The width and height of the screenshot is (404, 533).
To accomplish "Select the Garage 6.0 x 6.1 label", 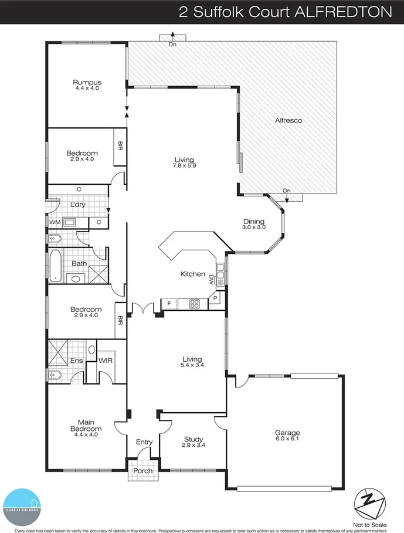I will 287,436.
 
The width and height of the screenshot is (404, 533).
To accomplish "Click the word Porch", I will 143,471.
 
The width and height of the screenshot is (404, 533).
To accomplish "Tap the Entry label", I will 144,442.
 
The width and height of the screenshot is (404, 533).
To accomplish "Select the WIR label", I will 106,361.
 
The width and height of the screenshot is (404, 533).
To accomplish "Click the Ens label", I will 76,361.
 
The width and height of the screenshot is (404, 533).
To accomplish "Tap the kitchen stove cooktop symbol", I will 193,303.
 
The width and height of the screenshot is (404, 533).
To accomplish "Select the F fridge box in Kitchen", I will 169,303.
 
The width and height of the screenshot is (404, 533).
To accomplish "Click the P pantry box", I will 215,298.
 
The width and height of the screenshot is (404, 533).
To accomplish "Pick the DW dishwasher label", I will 211,281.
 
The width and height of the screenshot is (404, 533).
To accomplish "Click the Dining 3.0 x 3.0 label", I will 254,224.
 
